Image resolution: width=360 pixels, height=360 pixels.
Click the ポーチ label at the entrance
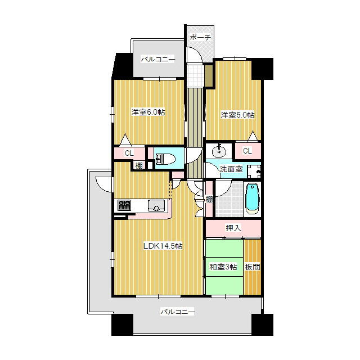click(x=200, y=38)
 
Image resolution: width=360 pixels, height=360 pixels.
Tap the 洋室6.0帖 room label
click(x=148, y=112)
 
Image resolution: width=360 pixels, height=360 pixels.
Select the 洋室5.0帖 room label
click(x=237, y=115)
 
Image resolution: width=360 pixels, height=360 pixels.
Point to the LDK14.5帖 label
click(x=163, y=246)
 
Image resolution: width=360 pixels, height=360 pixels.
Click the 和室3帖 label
click(x=223, y=267)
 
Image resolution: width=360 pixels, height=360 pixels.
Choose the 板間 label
click(x=253, y=267)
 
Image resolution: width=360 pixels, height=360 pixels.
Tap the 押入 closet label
click(x=233, y=228)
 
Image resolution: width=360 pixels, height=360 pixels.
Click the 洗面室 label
click(x=231, y=169)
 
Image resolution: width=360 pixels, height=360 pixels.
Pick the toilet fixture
click(x=165, y=159)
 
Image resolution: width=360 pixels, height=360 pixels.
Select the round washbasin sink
click(x=219, y=151)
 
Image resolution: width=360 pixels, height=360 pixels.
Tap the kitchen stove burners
click(x=124, y=205)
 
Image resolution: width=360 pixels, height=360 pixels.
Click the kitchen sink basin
click(x=156, y=205)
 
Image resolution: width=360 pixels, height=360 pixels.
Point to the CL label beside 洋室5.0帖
click(x=247, y=151)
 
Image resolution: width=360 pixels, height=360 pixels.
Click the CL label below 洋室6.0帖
click(x=129, y=153)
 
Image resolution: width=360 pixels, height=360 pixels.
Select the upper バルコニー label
click(x=158, y=60)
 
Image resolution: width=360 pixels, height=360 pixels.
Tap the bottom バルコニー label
click(x=178, y=312)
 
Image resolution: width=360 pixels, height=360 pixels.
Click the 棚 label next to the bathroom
click(x=209, y=199)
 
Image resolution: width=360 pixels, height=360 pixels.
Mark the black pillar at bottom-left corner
click(x=123, y=325)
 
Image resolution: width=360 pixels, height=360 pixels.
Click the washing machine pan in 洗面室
click(x=254, y=171)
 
